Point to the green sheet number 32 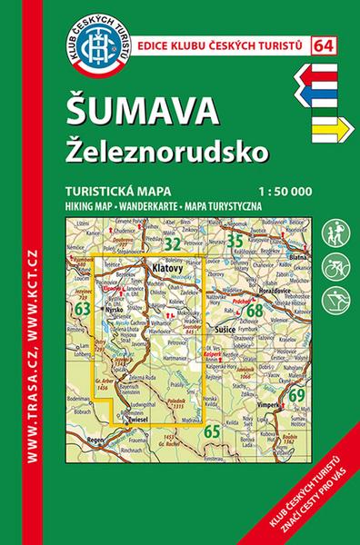tap(172, 243)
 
